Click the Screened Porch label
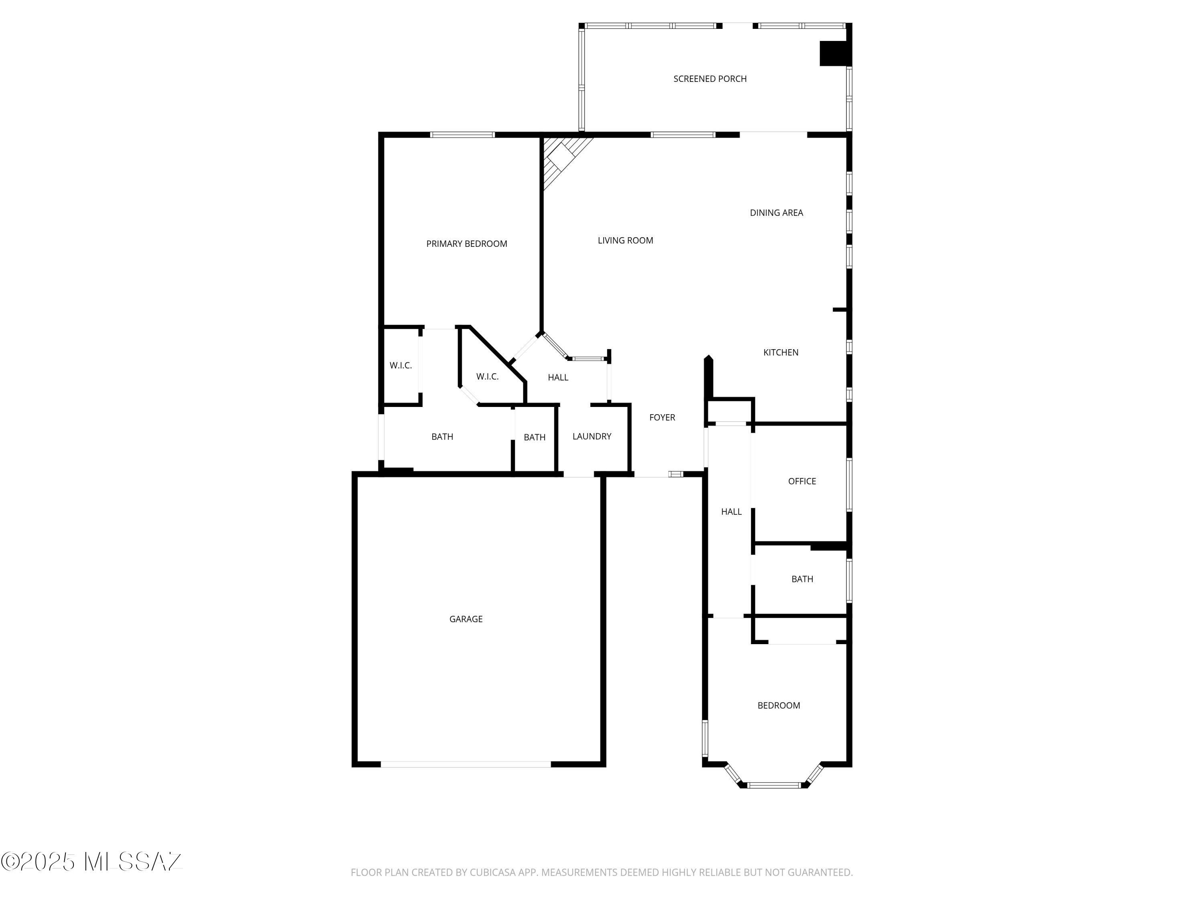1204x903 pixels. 710,79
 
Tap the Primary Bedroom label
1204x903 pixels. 466,244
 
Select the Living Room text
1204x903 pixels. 625,240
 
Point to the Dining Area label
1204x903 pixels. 776,213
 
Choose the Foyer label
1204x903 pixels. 662,417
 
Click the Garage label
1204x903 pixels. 466,619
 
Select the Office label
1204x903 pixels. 802,481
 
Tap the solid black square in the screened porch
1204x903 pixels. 834,53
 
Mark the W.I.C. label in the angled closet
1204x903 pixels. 487,377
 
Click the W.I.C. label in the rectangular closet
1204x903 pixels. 401,366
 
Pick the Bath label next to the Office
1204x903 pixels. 802,579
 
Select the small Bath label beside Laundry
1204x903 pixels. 535,437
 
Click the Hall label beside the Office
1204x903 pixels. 731,512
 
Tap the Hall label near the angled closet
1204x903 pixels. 558,377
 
